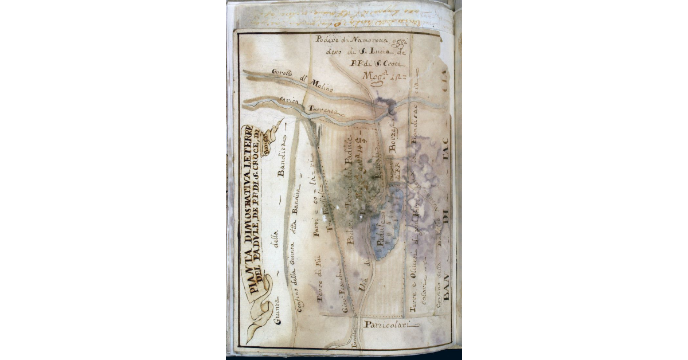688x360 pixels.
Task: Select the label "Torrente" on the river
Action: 321,109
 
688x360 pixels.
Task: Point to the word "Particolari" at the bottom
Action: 392,325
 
